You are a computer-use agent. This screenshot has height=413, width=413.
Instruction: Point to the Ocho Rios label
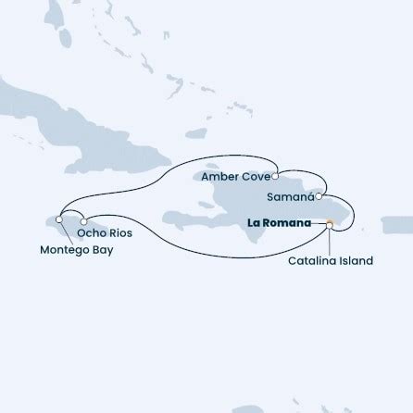[106, 232]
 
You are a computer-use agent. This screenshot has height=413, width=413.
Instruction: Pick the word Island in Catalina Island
[357, 260]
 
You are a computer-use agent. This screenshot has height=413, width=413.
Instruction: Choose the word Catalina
[310, 260]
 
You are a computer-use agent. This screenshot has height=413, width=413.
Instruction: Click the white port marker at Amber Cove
[276, 171]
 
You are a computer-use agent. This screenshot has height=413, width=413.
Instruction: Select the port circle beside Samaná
[319, 196]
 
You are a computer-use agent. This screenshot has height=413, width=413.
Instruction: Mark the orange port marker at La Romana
[330, 223]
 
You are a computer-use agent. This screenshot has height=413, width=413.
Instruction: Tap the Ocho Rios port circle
[82, 220]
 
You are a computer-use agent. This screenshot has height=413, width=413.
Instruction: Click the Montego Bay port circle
[58, 219]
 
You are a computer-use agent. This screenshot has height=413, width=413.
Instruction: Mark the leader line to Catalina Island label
[331, 239]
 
